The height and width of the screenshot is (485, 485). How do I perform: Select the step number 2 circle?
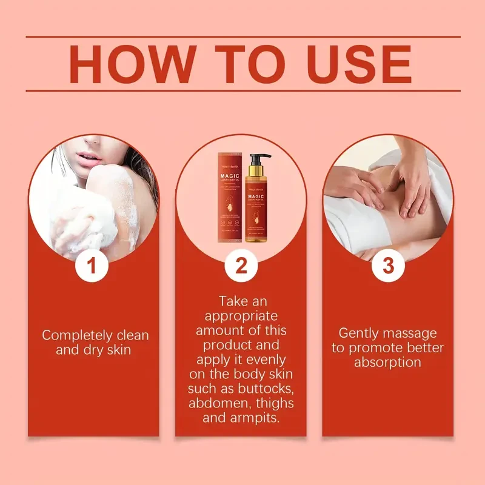tap(241, 266)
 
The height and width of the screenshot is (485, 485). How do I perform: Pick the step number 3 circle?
tap(388, 266)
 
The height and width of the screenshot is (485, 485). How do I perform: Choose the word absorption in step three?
tap(388, 363)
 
